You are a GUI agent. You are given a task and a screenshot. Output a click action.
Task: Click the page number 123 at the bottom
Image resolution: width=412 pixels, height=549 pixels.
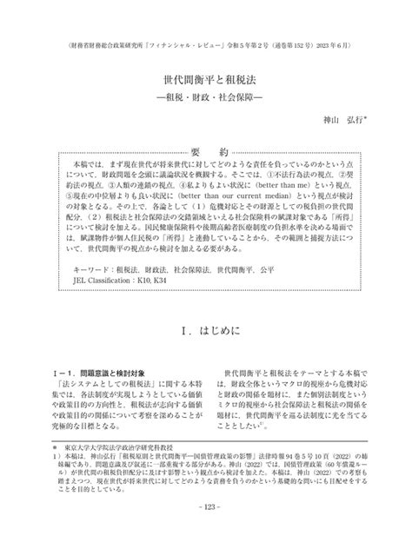[x=205, y=531]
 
